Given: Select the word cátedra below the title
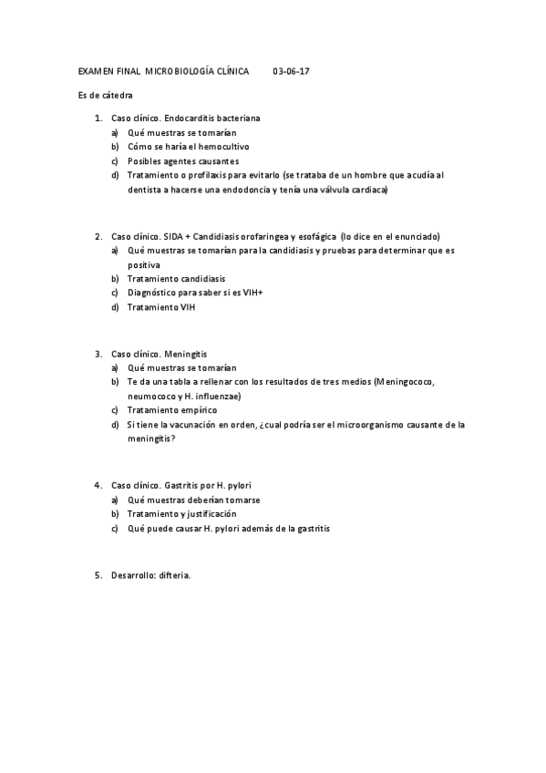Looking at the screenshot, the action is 112,95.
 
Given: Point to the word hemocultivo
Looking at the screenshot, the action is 224,146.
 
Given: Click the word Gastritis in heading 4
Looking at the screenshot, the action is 184,485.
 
